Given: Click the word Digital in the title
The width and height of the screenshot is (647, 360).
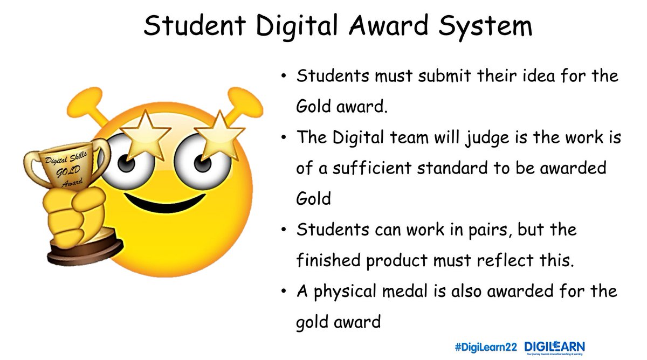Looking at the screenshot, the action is pos(297,26).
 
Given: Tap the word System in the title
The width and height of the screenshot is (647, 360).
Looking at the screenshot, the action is pos(485,26).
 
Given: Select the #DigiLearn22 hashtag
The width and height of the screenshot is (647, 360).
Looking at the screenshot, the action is pos(486,347).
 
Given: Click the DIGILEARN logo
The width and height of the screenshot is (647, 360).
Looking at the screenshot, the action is pos(555,348).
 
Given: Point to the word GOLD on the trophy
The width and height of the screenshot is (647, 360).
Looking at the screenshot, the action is pos(68,171).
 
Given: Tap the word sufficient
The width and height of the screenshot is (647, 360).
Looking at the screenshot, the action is pos(372,168).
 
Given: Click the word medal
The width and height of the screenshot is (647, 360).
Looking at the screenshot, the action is pos(405,291).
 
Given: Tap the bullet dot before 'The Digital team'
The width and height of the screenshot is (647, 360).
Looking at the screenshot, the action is pos(284,137).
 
